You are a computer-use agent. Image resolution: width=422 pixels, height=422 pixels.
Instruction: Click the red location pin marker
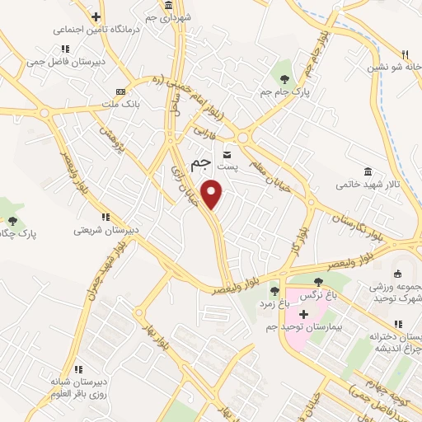(213, 194)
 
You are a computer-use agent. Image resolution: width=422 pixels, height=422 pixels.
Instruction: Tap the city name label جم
(199, 164)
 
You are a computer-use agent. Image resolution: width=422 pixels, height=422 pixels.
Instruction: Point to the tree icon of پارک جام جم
(284, 79)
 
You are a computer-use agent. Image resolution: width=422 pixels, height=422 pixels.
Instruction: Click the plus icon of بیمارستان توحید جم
(303, 314)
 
